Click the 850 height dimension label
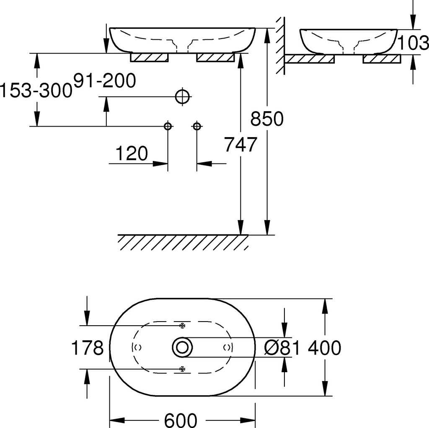pos(267,119)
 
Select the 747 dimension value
pos(241,144)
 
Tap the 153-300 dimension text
pos(36,91)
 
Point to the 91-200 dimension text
pos(105,80)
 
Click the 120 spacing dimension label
pos(132,153)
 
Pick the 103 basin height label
pos(413,43)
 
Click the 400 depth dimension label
pos(325,348)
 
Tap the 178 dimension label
pos(87,348)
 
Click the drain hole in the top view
pos(182,347)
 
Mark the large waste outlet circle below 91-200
pos(182,97)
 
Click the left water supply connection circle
pos(168,126)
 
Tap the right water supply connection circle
pos(197,126)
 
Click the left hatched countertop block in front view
pos(149,57)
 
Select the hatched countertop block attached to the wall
pos(310,59)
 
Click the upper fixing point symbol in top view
pos(182,326)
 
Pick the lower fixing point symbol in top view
pos(182,369)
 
